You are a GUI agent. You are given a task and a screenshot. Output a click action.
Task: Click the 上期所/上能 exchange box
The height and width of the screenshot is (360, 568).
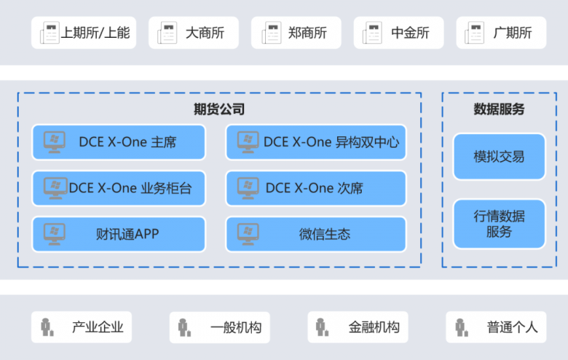tap(83, 33)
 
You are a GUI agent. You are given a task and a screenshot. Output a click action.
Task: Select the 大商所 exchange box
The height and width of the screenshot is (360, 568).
tap(194, 33)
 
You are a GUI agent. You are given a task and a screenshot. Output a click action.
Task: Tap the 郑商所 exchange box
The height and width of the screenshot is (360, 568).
tap(296, 33)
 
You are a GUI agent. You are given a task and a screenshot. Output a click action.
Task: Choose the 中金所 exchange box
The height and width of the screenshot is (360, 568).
tap(399, 33)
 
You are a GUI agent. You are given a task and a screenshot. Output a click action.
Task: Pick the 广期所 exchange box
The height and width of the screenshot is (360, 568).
tap(502, 33)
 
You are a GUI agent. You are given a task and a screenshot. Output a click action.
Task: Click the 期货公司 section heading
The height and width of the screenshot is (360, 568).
tap(219, 109)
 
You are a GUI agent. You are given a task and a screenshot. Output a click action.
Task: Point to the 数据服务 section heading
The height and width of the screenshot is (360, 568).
tap(499, 109)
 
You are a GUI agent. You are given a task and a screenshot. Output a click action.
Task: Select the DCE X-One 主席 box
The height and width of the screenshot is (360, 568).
tap(119, 142)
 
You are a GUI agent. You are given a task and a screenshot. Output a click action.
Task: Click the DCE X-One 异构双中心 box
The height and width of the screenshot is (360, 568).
tap(315, 142)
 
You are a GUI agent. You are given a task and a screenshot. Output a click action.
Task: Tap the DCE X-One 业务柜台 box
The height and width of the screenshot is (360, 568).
tap(119, 188)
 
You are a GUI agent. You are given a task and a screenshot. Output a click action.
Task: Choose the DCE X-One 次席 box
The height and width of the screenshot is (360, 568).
tap(315, 188)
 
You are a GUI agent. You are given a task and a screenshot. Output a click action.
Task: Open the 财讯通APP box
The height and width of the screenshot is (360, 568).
tap(119, 234)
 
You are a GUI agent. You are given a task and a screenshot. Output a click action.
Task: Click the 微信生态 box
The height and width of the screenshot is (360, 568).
tap(315, 234)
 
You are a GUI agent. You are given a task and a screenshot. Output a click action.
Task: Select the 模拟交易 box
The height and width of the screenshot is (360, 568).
tap(499, 157)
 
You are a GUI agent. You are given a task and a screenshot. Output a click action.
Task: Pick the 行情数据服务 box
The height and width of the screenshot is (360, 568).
tap(499, 224)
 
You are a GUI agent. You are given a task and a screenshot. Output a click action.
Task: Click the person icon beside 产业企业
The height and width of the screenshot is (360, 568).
tap(47, 327)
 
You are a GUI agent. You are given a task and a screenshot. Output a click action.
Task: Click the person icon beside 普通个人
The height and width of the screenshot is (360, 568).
tap(462, 327)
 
